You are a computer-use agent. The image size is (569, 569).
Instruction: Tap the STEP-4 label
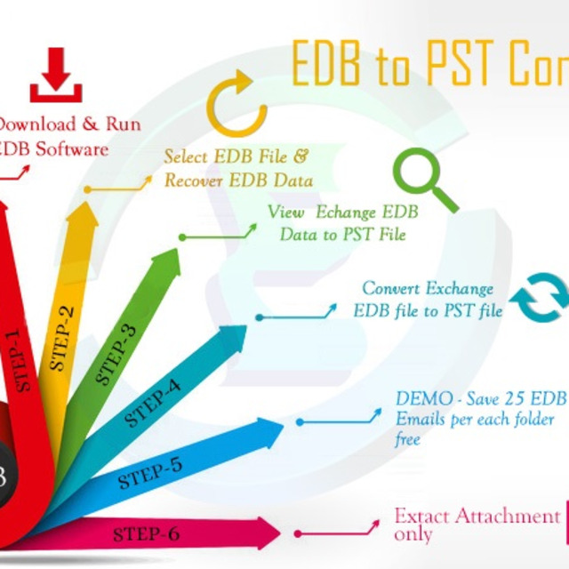tap(153, 403)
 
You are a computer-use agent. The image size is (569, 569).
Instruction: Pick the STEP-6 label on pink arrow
tap(146, 534)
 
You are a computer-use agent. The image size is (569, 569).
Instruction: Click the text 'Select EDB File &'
tap(236, 156)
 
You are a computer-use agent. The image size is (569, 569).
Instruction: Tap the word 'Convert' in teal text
tap(391, 289)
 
